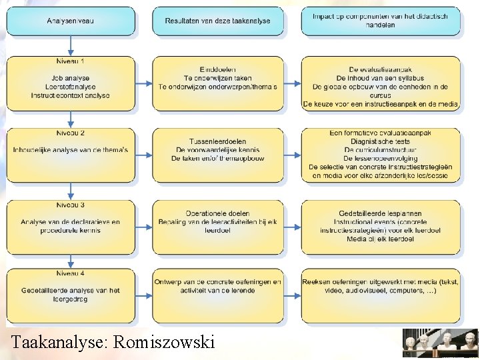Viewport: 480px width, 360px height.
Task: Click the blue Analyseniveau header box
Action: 71,21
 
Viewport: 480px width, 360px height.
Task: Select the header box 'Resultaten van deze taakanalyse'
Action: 218,21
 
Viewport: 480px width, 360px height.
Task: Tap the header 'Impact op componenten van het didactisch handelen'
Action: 380,21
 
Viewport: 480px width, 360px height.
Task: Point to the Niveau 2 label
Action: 71,132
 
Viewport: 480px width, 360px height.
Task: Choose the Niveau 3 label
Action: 71,204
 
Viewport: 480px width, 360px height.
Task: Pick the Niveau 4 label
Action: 71,273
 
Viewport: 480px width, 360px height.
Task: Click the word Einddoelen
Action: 217,69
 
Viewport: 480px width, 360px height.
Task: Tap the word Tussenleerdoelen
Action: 217,141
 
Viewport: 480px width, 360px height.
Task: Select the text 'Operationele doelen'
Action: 217,213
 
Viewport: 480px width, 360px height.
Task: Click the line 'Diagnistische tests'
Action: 380,141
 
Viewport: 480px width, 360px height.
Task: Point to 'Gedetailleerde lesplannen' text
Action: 380,213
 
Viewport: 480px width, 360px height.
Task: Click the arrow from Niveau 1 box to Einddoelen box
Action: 144,83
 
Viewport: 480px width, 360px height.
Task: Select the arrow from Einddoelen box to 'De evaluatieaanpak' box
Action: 292,83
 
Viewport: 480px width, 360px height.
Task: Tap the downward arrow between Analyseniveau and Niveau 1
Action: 71,46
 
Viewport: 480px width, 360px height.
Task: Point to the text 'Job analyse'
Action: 71,78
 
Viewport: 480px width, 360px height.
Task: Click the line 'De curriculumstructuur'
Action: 380,150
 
